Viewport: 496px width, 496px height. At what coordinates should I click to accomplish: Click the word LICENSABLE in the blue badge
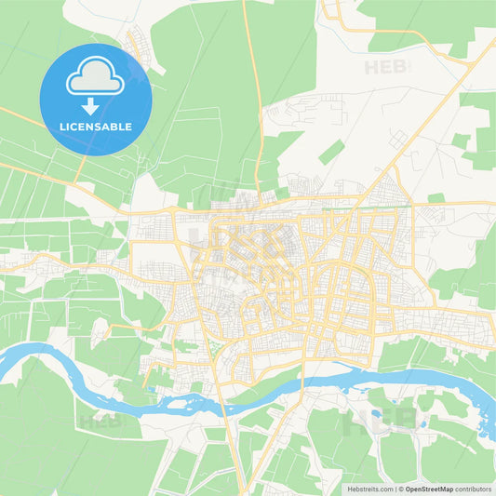pos(96,127)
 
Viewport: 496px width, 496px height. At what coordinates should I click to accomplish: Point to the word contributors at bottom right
pos(474,488)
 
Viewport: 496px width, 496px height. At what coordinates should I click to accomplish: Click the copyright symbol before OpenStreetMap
pos(401,488)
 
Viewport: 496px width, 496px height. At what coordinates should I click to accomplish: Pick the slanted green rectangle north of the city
pos(330,153)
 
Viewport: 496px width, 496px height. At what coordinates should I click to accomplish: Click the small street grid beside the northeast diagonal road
pos(397,141)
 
